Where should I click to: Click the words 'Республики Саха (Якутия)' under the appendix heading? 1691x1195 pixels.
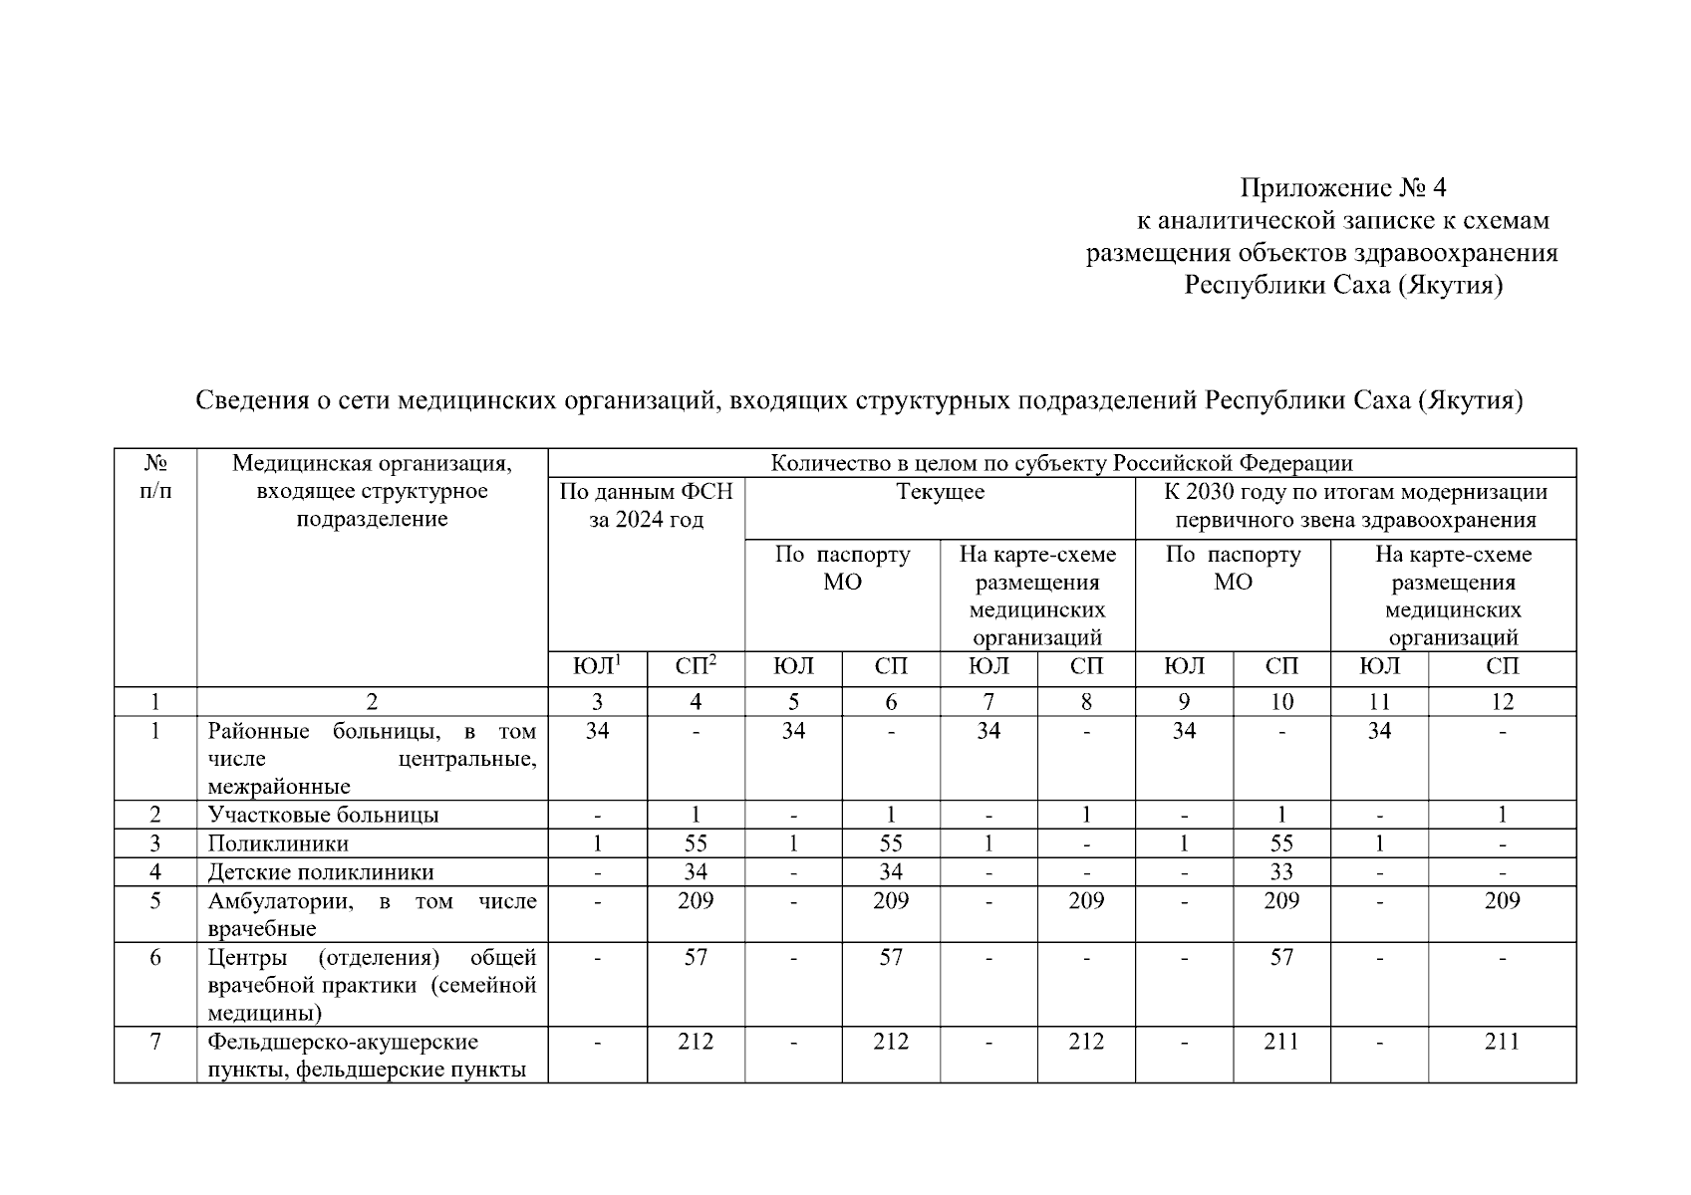(1342, 286)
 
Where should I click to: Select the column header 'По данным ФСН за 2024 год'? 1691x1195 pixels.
(646, 505)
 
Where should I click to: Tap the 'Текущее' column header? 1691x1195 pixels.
(940, 492)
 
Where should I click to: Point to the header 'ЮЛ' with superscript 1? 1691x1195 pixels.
(597, 666)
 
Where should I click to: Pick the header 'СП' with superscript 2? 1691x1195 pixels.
(696, 666)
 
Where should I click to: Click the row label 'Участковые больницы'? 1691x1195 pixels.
(323, 815)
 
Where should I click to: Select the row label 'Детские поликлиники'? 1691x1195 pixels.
(321, 872)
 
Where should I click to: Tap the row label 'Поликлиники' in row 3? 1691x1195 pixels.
(278, 843)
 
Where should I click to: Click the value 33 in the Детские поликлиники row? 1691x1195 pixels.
(1281, 872)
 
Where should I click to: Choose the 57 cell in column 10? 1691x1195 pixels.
(1281, 958)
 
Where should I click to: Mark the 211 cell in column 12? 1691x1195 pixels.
(1502, 1042)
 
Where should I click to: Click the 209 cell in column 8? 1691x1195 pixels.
(1086, 901)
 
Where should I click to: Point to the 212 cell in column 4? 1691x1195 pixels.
(696, 1042)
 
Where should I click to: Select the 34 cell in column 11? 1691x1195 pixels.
(1379, 731)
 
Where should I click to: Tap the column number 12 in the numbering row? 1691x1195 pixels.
(1502, 702)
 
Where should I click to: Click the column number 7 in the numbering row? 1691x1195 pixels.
(988, 702)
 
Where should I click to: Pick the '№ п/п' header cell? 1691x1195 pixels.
(155, 477)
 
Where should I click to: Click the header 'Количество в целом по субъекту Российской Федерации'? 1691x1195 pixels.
(1061, 463)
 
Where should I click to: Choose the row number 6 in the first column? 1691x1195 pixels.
(155, 958)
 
